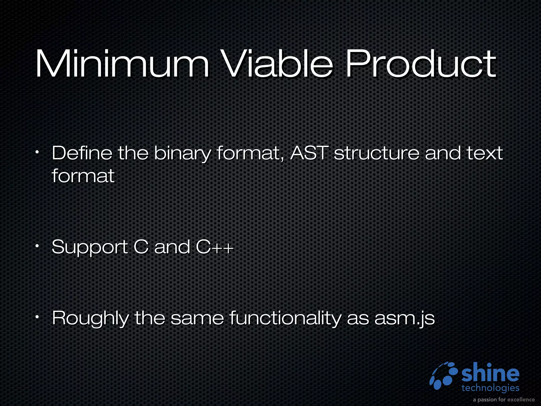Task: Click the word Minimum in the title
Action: click(122, 64)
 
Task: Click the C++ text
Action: click(214, 247)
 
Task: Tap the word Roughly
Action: click(90, 318)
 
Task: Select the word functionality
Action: click(285, 318)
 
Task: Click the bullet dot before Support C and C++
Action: click(38, 246)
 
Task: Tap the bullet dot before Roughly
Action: click(38, 316)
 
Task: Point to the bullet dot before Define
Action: click(38, 152)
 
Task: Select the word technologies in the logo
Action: click(490, 388)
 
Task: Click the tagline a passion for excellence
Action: click(504, 399)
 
